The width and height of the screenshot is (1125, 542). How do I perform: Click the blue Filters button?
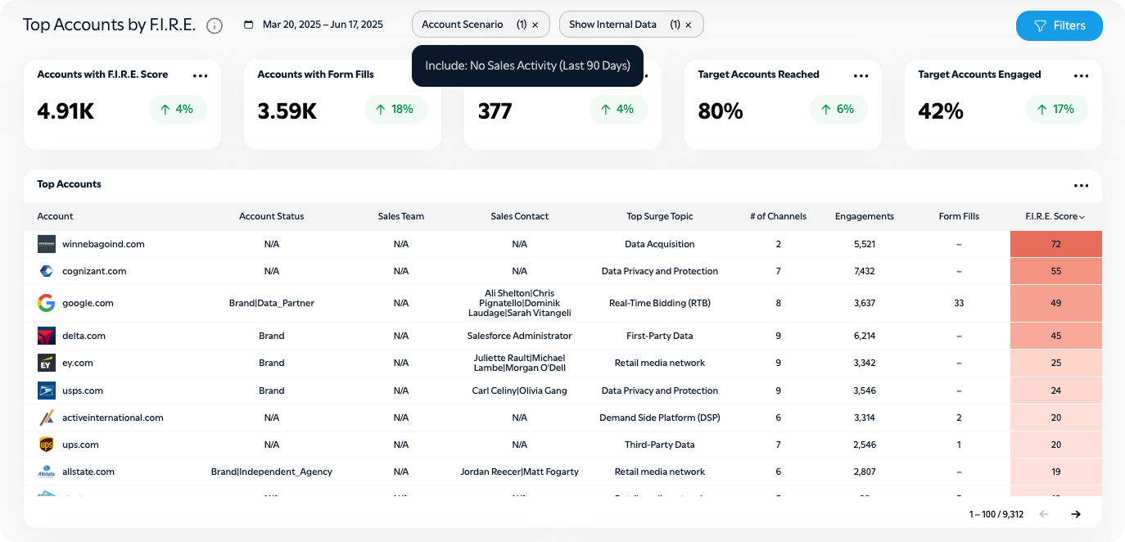pyautogui.click(x=1059, y=25)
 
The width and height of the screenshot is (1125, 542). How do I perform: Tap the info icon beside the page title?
pyautogui.click(x=215, y=25)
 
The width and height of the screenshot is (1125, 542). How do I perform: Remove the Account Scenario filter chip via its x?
pyautogui.click(x=535, y=25)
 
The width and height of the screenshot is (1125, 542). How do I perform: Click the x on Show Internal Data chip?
pyautogui.click(x=689, y=25)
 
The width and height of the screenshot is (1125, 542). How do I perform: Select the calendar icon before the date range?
pyautogui.click(x=249, y=25)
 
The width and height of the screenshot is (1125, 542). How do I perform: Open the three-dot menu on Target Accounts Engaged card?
pyautogui.click(x=1081, y=75)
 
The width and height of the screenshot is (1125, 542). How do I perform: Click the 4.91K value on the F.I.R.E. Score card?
pyautogui.click(x=66, y=111)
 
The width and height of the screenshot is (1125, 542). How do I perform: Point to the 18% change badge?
pyautogui.click(x=395, y=109)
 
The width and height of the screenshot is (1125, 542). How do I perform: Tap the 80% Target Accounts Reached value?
pyautogui.click(x=721, y=111)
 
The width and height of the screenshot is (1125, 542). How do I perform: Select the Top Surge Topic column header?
pyautogui.click(x=659, y=216)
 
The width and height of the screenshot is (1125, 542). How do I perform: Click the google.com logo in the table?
pyautogui.click(x=46, y=303)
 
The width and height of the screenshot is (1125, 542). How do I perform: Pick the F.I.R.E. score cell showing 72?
pyautogui.click(x=1055, y=244)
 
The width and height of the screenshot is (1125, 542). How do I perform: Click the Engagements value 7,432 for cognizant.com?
pyautogui.click(x=864, y=271)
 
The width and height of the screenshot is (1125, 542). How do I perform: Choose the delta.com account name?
pyautogui.click(x=84, y=336)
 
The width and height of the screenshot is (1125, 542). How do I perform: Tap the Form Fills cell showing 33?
pyautogui.click(x=959, y=303)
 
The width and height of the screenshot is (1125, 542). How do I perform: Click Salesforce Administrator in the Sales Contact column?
pyautogui.click(x=519, y=336)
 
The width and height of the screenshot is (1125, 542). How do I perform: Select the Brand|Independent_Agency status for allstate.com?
pyautogui.click(x=271, y=472)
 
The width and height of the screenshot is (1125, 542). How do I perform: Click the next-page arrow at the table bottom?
pyautogui.click(x=1076, y=514)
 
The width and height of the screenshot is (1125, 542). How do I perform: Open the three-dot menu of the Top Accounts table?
pyautogui.click(x=1081, y=185)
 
